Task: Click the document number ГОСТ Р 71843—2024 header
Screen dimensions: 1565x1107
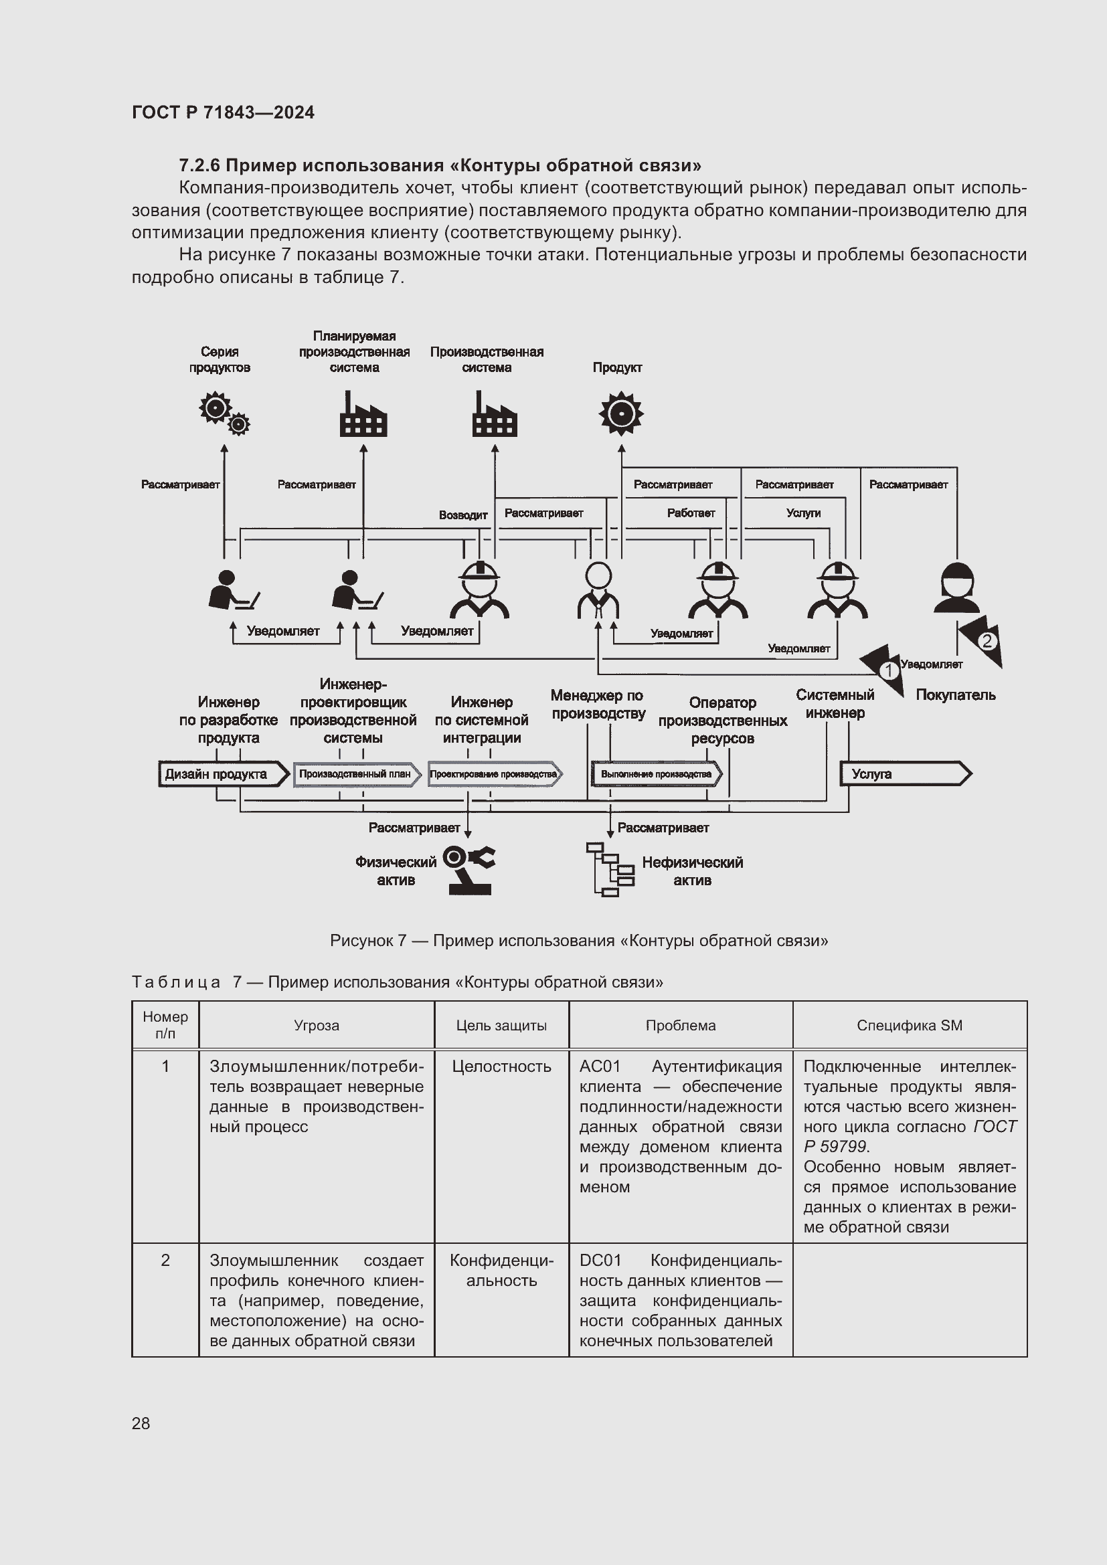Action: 223,112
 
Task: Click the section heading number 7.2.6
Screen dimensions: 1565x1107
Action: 199,166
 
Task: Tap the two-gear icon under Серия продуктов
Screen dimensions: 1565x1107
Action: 224,413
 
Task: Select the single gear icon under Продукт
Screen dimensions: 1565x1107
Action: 620,413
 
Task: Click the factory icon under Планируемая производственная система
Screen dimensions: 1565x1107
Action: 363,414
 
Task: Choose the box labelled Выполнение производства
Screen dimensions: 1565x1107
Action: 656,774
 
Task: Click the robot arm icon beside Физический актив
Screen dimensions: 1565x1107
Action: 469,870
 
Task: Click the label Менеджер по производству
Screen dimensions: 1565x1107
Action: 598,704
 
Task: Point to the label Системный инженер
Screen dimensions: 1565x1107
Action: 835,703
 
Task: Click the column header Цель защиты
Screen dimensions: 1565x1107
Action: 501,1025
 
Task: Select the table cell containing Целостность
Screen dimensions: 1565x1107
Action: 501,1067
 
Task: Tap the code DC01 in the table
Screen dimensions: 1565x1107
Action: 600,1261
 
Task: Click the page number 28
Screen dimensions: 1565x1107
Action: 141,1423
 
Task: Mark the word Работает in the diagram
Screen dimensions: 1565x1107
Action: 691,513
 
